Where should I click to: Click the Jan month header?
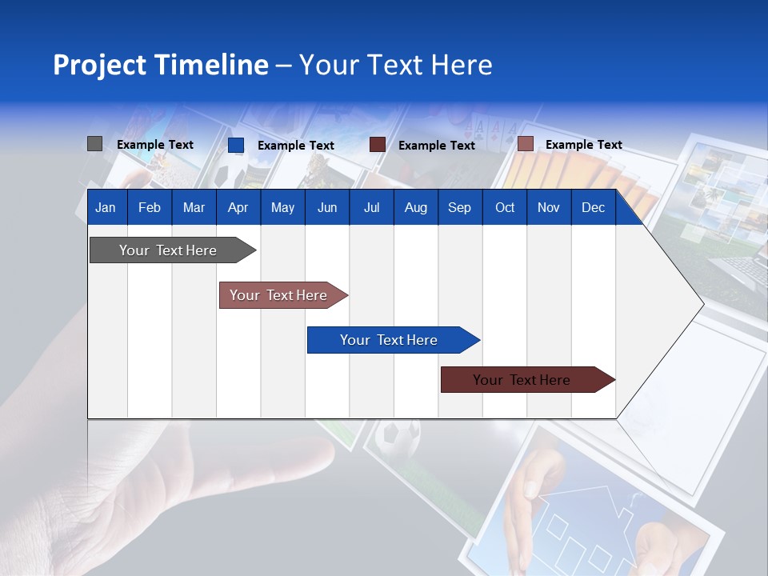coord(106,207)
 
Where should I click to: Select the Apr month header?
coord(238,207)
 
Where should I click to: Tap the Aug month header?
coord(415,207)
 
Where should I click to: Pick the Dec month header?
coord(593,207)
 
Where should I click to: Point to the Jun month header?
coord(326,207)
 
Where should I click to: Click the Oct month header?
coord(504,207)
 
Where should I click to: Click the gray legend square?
coord(94,144)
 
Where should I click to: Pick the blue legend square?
coord(235,145)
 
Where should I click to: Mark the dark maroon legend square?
coord(378,145)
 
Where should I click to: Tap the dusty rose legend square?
coord(525,144)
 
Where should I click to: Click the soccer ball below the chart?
coord(398,438)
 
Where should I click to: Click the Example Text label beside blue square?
coord(295,146)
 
